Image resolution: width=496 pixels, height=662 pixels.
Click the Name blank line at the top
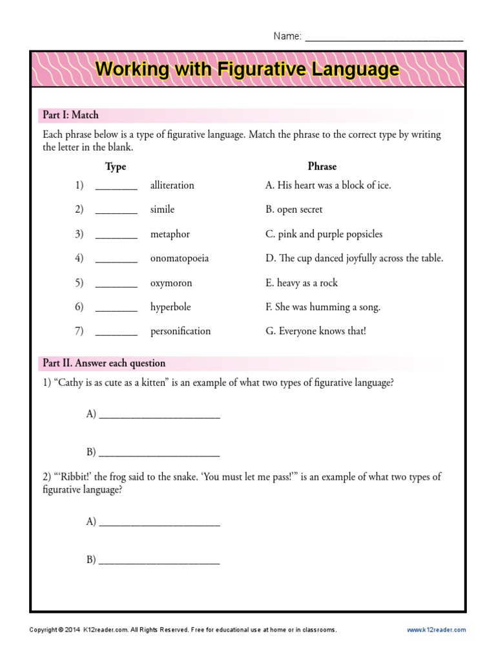point(384,37)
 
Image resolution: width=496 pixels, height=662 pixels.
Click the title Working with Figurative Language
point(247,69)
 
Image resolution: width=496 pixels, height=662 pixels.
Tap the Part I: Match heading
point(70,115)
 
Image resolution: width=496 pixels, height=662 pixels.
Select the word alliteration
point(172,186)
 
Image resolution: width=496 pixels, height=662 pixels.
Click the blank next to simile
point(116,210)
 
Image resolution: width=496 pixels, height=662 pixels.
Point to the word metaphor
point(170,234)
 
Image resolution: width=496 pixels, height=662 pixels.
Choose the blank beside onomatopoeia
point(116,259)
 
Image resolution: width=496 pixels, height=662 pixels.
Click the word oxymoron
point(171,283)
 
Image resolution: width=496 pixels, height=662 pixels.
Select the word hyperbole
point(170,307)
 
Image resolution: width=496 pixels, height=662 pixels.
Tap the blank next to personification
point(116,332)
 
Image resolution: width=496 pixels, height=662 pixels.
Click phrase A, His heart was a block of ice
point(328,186)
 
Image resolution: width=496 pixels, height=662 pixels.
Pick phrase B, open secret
point(294,210)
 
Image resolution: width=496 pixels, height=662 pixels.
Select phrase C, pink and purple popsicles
point(324,234)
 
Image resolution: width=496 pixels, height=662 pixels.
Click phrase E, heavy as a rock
point(301,283)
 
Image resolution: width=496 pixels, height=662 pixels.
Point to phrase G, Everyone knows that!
point(316,332)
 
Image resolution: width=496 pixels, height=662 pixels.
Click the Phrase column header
point(322,166)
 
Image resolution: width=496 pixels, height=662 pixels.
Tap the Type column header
point(116,167)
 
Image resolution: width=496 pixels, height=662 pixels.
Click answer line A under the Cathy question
point(159,415)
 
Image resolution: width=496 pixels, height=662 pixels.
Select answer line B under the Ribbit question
point(159,561)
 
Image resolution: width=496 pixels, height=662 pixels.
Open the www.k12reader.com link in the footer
point(436,630)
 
